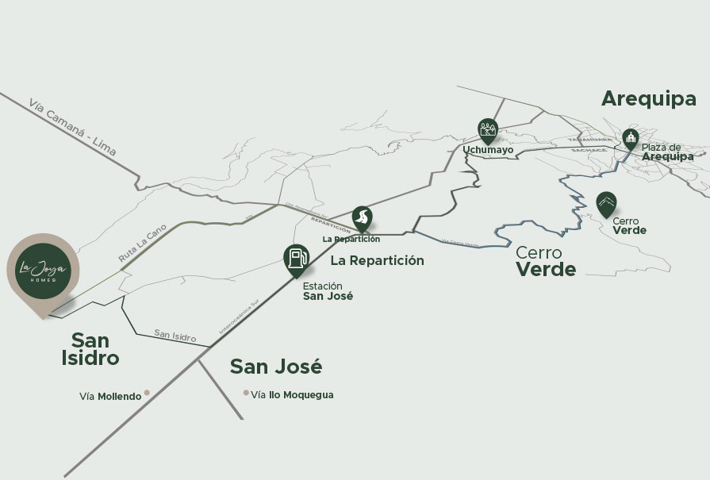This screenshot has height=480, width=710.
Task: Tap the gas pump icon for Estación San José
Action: [x=296, y=259]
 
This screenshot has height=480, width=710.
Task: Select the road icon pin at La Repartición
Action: [x=363, y=217]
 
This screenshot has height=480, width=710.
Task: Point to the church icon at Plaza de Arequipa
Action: [x=630, y=140]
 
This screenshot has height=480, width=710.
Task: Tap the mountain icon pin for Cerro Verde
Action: [x=606, y=203]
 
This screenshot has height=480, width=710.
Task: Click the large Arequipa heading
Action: [x=648, y=98]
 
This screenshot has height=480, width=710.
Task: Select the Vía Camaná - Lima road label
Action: [x=71, y=127]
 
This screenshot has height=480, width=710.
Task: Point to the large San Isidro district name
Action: [x=90, y=349]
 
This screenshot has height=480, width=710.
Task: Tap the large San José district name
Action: [x=276, y=367]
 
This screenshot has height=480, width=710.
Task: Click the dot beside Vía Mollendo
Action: [x=147, y=393]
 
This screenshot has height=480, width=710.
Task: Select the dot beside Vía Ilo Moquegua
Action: [x=247, y=392]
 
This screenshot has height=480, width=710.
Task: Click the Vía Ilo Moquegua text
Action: [x=293, y=395]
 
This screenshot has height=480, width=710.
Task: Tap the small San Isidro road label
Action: [x=175, y=336]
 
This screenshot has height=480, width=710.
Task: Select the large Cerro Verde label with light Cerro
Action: [x=546, y=261]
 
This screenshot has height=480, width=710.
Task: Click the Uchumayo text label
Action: [x=488, y=150]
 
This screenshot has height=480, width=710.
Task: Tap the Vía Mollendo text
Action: [x=110, y=396]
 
